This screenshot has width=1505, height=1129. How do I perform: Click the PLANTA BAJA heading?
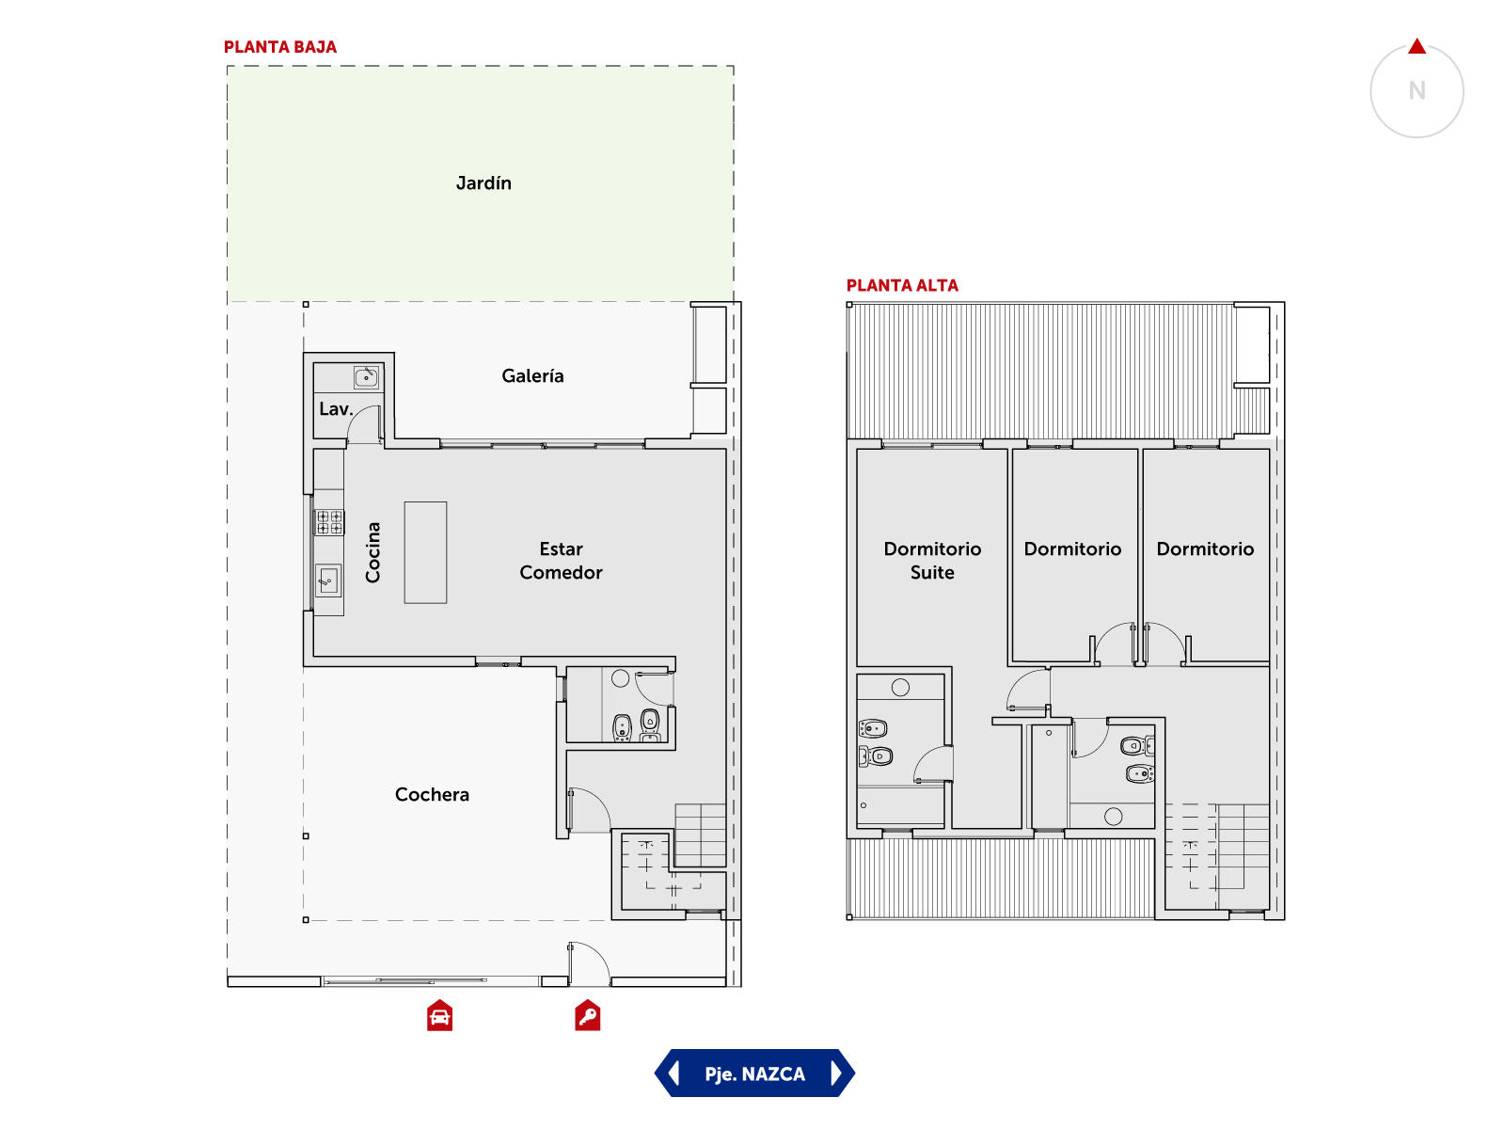[x=279, y=47]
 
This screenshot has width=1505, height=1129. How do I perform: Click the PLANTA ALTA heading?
[x=902, y=285]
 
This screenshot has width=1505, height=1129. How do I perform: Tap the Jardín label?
[x=483, y=183]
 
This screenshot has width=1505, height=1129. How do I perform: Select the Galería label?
[x=532, y=375]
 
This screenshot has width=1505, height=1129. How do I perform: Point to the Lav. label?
[x=336, y=409]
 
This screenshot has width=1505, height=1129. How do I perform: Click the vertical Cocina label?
[x=372, y=552]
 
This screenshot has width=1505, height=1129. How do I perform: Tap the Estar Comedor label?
[x=561, y=561]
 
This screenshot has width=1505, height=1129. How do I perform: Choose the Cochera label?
[x=432, y=794]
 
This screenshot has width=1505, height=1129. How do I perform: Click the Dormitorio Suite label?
[x=932, y=561]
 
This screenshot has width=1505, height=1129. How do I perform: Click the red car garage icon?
[x=439, y=1015]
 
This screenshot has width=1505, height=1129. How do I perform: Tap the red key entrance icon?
[x=588, y=1015]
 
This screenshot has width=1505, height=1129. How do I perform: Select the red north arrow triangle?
[x=1417, y=47]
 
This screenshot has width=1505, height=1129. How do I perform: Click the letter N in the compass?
[x=1417, y=90]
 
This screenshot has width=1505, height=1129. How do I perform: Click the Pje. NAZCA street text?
[x=754, y=1073]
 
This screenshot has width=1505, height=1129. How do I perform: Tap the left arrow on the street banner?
[x=674, y=1073]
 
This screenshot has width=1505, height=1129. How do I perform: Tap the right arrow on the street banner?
[x=836, y=1073]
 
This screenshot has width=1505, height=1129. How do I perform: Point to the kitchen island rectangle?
[x=425, y=552]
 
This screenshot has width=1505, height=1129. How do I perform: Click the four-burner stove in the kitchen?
[x=329, y=521]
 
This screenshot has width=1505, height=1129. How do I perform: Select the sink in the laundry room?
[x=366, y=377]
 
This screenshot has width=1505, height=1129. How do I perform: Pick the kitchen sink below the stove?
[x=327, y=580]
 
